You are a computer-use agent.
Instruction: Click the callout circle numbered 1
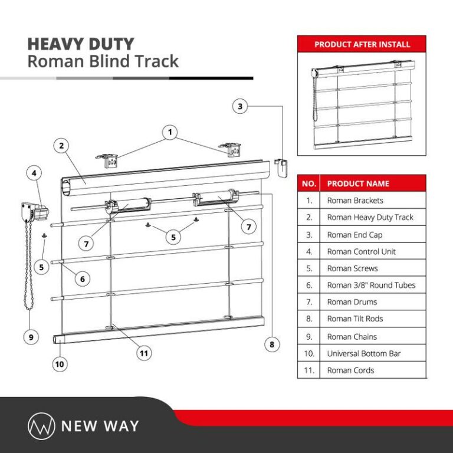click(170, 133)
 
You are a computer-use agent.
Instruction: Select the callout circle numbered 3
click(239, 107)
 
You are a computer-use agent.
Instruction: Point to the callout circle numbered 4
click(35, 173)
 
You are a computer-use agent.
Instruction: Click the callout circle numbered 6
click(82, 278)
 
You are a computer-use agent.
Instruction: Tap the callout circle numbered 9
click(31, 337)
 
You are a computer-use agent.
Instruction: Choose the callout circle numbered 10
click(60, 364)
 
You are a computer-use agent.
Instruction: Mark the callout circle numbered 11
click(144, 353)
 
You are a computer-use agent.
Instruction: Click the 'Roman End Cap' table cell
click(354, 235)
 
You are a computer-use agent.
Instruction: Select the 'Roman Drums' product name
click(352, 302)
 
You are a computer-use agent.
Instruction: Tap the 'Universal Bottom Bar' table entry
click(363, 353)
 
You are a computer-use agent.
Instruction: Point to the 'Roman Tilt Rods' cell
click(355, 319)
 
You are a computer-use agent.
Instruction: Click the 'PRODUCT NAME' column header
click(358, 183)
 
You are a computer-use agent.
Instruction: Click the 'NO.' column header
click(309, 183)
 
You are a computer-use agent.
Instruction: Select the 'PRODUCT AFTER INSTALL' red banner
click(362, 44)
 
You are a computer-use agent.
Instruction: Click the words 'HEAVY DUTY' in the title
click(81, 44)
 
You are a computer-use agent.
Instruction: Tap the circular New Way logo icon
click(41, 425)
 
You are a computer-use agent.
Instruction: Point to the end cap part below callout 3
click(283, 162)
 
